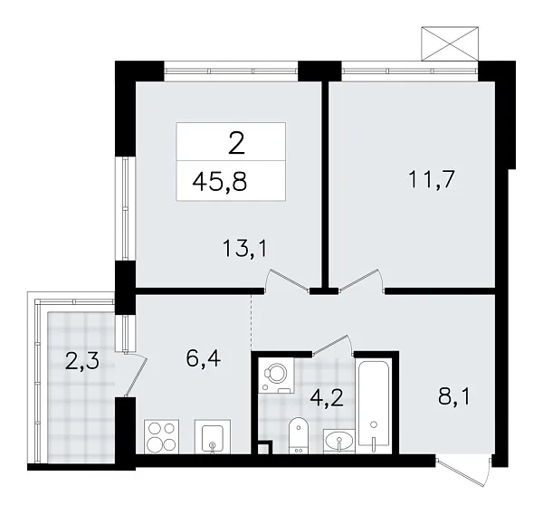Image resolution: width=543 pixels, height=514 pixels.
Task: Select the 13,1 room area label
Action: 244,246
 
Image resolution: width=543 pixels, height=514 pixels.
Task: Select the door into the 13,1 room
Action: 286,282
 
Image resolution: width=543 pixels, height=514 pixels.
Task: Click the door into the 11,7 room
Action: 356,282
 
